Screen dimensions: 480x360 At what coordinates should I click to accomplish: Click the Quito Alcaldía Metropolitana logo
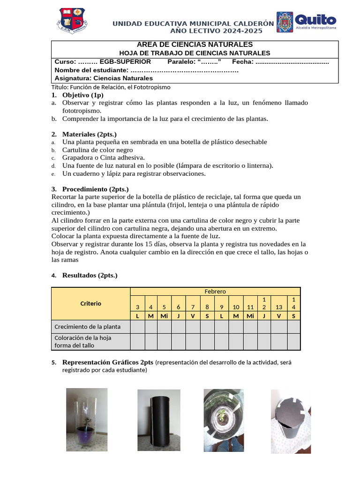[x=307, y=22]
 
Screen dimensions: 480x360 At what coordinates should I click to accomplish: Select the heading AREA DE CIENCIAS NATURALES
[x=195, y=45]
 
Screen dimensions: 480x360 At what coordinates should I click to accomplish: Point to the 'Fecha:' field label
[x=243, y=62]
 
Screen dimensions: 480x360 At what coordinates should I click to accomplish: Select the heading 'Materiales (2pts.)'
[x=89, y=134]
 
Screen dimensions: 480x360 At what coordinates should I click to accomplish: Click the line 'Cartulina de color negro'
[x=97, y=150]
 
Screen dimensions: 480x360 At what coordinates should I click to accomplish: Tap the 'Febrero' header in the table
[x=215, y=292]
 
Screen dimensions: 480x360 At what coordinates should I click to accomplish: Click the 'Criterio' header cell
[x=90, y=304]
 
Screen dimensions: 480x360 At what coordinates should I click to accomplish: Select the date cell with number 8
[x=207, y=307]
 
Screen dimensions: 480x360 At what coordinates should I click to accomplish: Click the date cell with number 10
[x=236, y=307]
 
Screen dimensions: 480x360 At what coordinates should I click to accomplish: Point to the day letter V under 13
[x=279, y=316]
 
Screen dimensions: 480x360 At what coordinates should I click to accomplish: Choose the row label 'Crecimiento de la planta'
[x=87, y=327]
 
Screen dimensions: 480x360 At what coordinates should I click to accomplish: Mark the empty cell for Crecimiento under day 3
[x=137, y=327]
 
